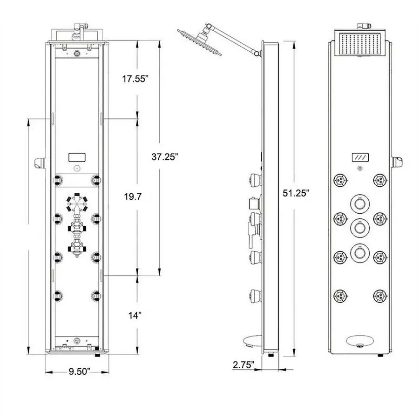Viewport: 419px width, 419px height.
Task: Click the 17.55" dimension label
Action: tap(135, 79)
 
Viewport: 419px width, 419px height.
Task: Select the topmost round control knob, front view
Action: tap(359, 203)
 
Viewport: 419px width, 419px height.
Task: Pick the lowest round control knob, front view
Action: tap(359, 252)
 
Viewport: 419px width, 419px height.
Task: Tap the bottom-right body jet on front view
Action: tap(380, 295)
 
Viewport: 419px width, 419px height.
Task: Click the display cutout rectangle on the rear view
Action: tap(76, 157)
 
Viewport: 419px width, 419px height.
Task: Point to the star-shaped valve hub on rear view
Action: tap(77, 203)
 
